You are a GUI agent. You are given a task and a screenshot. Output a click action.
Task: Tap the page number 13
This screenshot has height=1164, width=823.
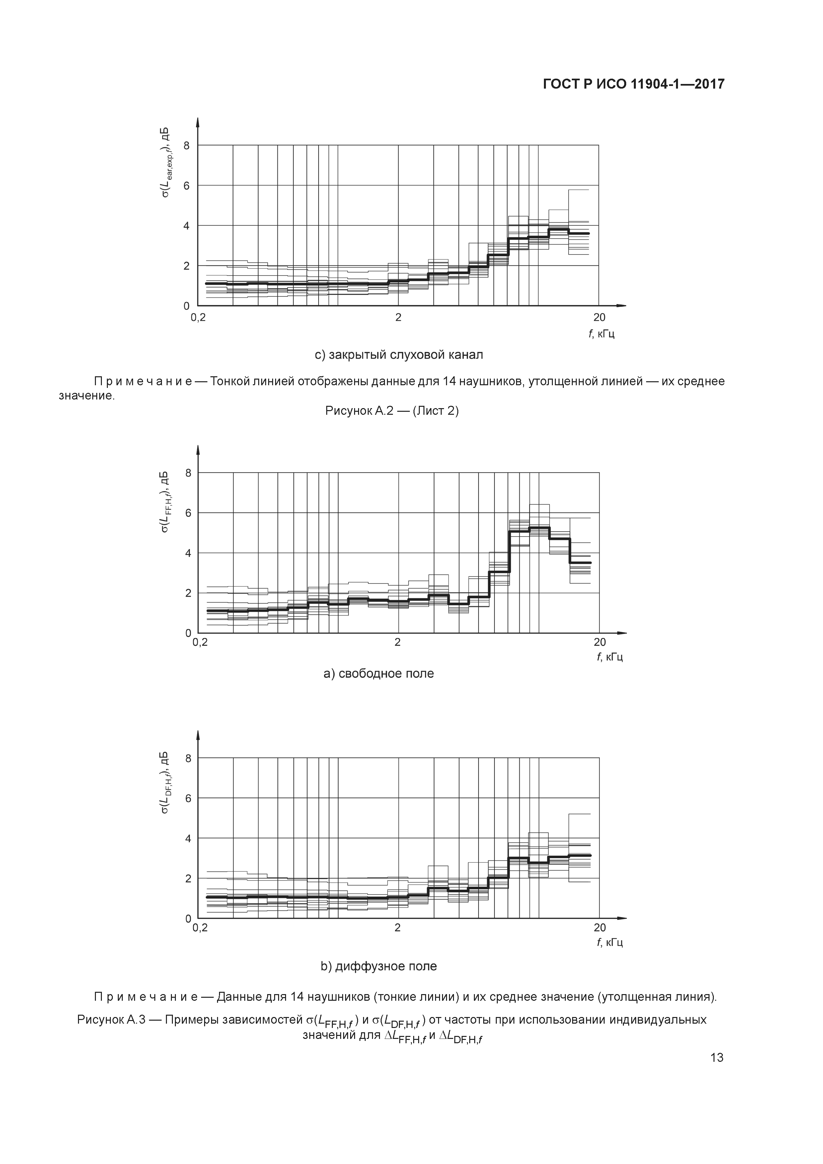click(x=716, y=1057)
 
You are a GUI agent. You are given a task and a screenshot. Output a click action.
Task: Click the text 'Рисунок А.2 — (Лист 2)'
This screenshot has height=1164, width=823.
click(x=392, y=411)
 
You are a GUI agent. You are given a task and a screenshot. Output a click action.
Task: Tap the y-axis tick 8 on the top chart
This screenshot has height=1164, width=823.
click(x=187, y=145)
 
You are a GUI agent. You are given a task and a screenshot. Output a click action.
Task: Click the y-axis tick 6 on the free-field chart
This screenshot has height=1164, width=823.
click(x=188, y=513)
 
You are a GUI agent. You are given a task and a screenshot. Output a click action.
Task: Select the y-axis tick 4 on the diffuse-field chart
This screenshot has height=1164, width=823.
click(x=188, y=838)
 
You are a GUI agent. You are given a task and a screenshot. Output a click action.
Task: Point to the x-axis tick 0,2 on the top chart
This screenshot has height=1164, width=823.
click(x=198, y=318)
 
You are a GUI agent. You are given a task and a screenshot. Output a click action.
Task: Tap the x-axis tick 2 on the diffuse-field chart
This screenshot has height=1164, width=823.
click(x=398, y=928)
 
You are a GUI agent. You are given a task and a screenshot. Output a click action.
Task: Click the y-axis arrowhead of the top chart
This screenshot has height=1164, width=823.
click(x=198, y=122)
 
